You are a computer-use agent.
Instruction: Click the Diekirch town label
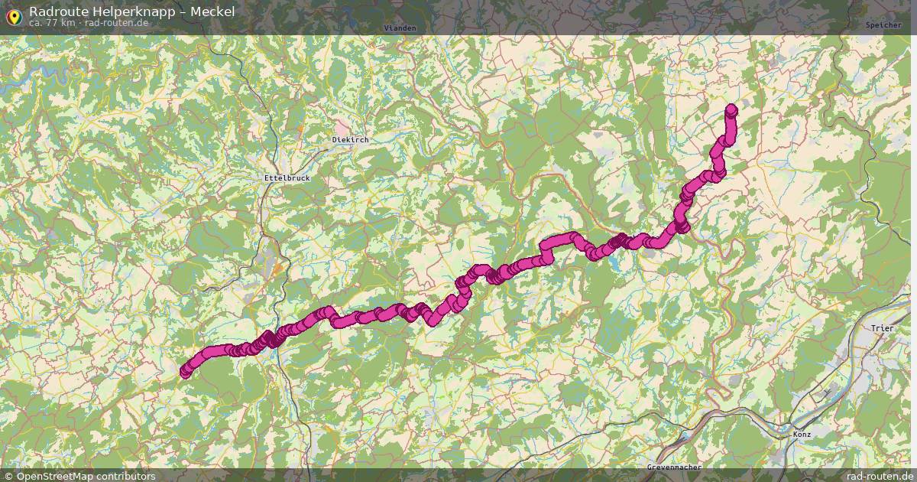tap(351, 140)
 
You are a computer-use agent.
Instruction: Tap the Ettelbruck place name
tap(282, 177)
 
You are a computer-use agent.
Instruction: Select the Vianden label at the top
tap(400, 28)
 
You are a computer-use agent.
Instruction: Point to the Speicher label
tap(883, 25)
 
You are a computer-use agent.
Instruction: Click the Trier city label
tap(882, 328)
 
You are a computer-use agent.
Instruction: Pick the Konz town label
tap(802, 434)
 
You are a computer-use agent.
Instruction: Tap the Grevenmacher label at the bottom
tap(674, 467)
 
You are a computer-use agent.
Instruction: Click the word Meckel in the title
tap(212, 11)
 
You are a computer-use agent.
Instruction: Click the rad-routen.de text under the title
tap(117, 23)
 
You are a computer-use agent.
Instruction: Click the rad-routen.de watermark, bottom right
tap(880, 476)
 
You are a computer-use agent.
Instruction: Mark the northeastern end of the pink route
tap(731, 109)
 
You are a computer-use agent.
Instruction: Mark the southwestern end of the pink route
tap(185, 372)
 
